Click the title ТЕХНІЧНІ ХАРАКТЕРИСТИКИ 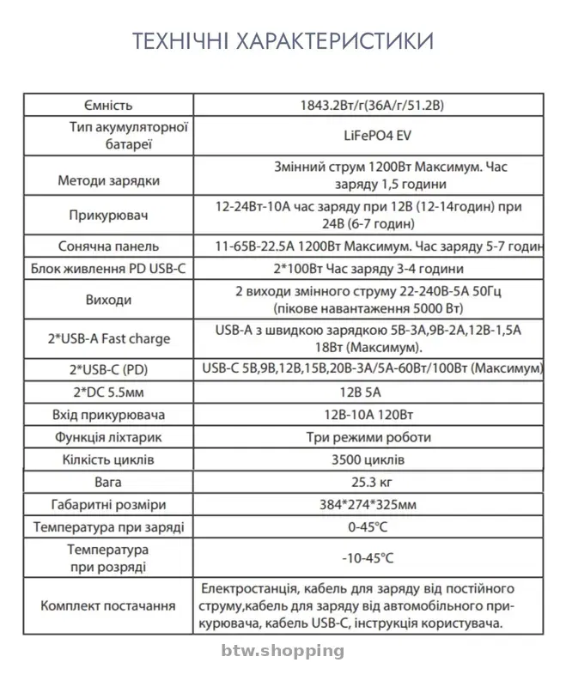(283, 41)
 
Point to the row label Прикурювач (108, 215)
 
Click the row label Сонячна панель (108, 246)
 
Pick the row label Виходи (108, 300)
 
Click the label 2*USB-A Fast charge (108, 338)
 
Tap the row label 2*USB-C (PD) (108, 369)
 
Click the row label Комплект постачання (108, 605)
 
